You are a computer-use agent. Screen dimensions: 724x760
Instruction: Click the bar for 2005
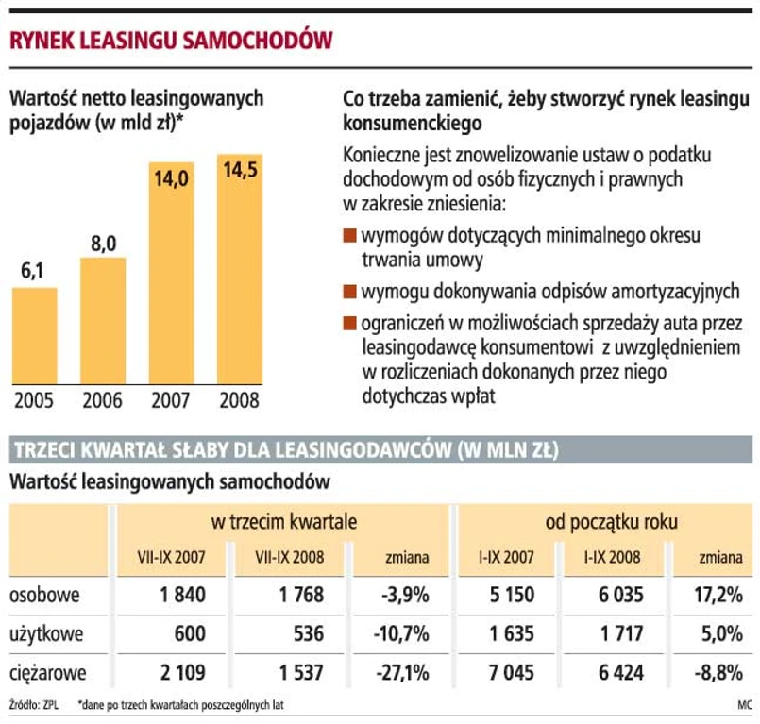click(47, 335)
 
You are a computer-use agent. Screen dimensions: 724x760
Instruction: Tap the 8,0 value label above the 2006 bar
click(103, 244)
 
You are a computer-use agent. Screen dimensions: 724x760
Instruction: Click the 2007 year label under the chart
click(172, 399)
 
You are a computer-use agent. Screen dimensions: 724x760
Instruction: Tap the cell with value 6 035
click(618, 595)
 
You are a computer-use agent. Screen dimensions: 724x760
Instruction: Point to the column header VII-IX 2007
click(171, 558)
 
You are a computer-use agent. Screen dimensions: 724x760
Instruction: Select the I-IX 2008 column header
click(614, 558)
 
